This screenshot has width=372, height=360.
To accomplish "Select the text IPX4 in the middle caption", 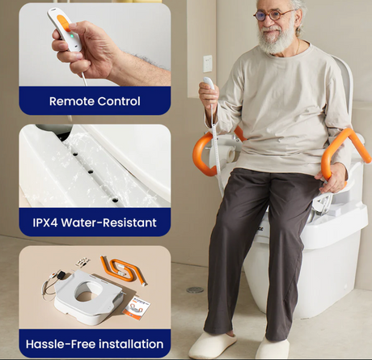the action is [x=45, y=222].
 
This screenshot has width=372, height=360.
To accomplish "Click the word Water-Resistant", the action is [x=109, y=222].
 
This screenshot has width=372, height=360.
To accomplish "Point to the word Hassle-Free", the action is [x=61, y=344].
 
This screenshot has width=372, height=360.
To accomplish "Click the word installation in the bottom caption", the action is [x=131, y=344].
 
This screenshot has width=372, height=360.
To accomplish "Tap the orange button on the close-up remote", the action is [x=64, y=23].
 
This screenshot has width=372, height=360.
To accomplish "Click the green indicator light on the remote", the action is [x=72, y=36].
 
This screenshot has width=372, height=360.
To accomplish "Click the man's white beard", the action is [x=276, y=40].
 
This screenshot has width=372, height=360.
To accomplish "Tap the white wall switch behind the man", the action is [x=207, y=64].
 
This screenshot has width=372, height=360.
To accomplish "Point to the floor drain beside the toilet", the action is [x=195, y=290].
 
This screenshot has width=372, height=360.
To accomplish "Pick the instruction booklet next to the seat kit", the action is [x=136, y=307].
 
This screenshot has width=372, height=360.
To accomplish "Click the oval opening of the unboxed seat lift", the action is [x=88, y=291].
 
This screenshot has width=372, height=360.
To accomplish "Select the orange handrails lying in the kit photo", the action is [x=124, y=270].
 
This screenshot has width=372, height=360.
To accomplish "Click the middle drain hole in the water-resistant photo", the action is [x=91, y=172].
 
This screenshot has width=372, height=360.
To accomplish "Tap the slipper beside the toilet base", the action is [x=272, y=349].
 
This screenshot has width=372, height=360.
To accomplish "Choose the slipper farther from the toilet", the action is [x=213, y=345].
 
